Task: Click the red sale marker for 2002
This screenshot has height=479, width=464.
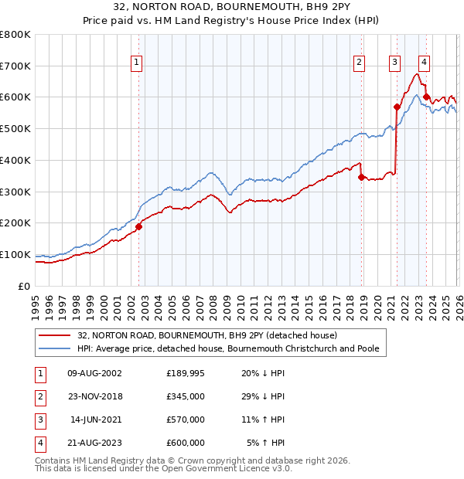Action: (139, 226)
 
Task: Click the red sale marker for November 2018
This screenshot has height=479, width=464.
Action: (361, 177)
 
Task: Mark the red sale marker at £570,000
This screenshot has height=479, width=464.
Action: (397, 107)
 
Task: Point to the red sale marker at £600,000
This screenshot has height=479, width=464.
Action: (426, 97)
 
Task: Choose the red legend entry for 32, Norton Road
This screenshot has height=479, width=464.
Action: (206, 336)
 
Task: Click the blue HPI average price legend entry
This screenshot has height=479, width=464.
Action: (227, 349)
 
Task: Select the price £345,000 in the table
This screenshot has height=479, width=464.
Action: (186, 396)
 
